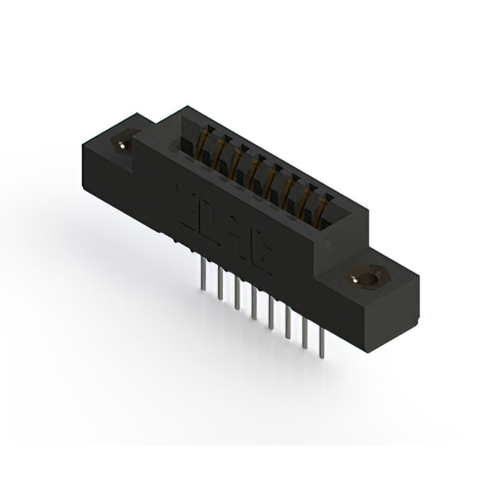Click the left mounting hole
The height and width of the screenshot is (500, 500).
(124, 144)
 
